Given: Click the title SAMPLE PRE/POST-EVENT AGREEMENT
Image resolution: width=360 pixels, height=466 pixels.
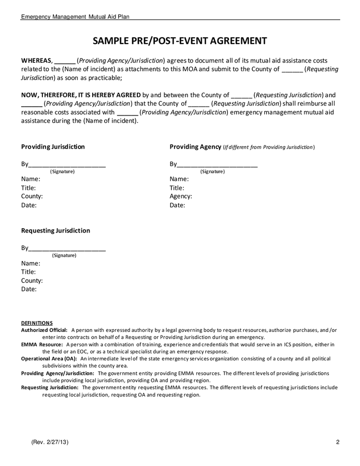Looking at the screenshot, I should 180,41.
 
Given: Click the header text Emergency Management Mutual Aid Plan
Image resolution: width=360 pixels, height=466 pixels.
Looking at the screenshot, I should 75,17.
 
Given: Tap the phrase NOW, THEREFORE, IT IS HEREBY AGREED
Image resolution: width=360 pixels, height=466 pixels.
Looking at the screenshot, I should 81,95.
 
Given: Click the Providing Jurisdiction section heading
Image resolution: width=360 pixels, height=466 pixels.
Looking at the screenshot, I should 53,147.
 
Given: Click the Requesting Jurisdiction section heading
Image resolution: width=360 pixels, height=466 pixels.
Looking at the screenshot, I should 55,230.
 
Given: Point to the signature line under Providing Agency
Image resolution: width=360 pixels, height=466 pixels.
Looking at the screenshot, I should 217,165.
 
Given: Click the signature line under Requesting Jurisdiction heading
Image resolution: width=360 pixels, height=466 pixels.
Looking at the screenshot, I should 67,249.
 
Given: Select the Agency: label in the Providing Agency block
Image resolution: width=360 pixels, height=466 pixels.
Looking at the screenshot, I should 181,196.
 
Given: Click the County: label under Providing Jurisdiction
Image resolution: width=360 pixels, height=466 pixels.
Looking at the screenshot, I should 32,196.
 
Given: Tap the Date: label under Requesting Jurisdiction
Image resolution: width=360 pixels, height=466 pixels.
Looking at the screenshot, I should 28,289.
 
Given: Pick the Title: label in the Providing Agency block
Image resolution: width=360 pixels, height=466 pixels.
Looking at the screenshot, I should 177,188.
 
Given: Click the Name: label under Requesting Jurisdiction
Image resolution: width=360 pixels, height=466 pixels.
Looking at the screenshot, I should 31,263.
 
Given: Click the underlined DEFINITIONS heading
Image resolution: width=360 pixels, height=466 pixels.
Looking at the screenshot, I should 37,323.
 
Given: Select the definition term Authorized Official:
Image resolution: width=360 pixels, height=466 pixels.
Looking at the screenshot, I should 44,330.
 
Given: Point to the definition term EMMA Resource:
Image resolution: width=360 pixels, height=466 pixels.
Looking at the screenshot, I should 42,344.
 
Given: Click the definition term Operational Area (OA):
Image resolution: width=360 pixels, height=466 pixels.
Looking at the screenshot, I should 49,358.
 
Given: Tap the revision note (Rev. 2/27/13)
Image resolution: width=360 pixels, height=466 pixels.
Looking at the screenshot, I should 50,442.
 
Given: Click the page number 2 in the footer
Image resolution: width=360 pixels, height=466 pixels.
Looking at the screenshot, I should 337,442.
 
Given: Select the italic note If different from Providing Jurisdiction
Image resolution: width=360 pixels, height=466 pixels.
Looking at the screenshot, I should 268,147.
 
